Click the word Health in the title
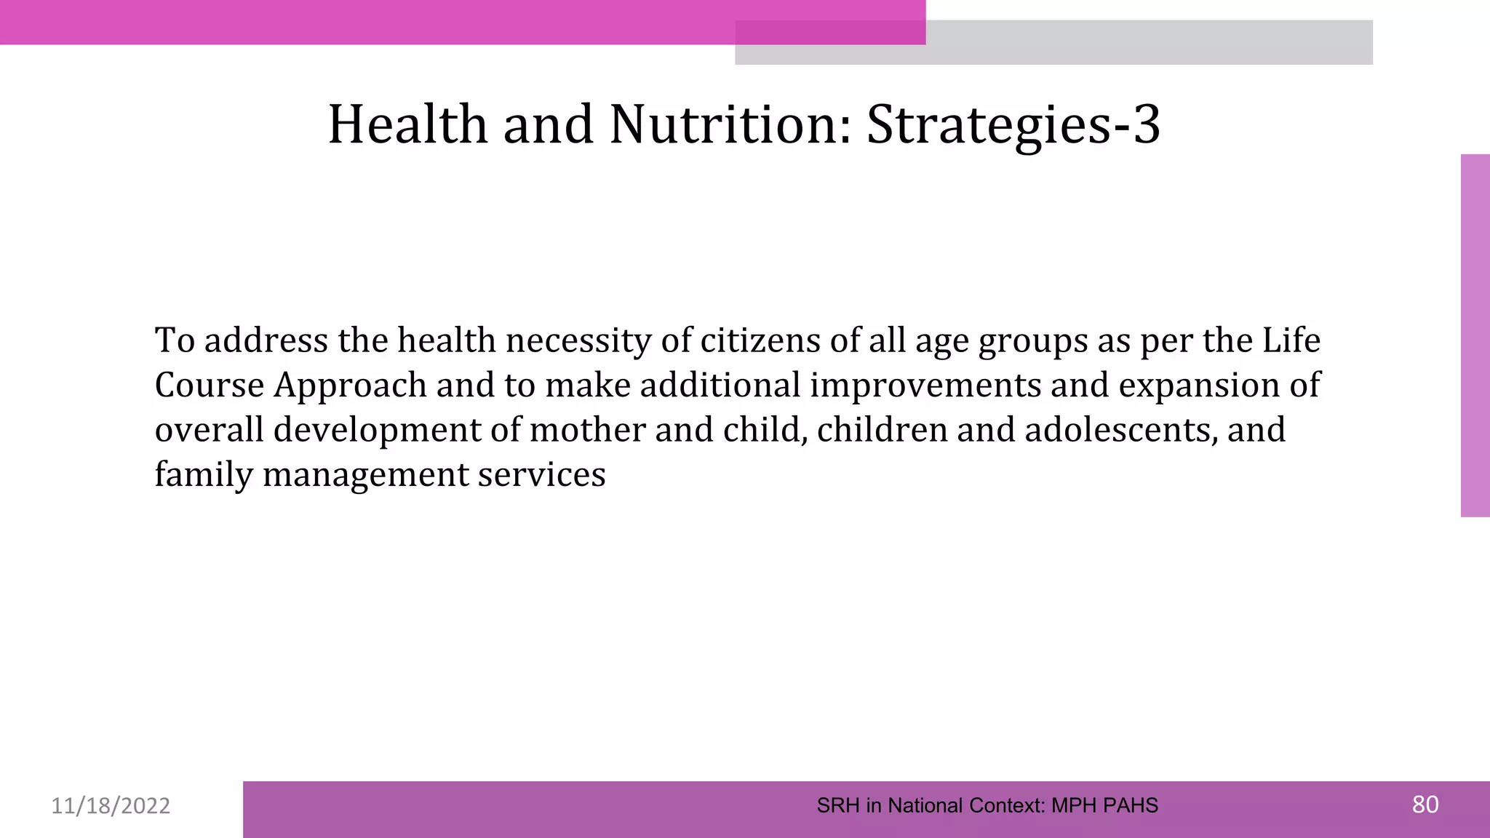pyautogui.click(x=407, y=124)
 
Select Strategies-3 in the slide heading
pyautogui.click(x=1013, y=124)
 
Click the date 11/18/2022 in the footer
pyautogui.click(x=111, y=806)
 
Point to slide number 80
pyautogui.click(x=1425, y=805)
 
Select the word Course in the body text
pyautogui.click(x=210, y=385)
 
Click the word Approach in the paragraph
pyautogui.click(x=350, y=386)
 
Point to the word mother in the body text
pyautogui.click(x=587, y=430)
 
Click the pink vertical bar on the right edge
pyautogui.click(x=1475, y=335)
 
